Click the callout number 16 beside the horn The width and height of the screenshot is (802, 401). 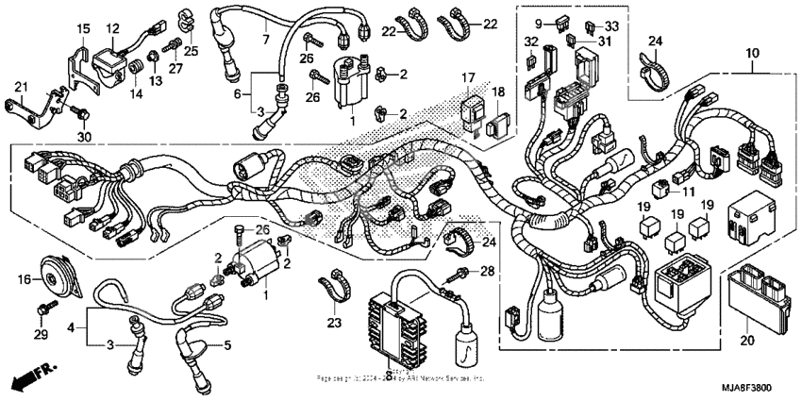(25, 278)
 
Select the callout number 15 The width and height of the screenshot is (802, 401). (82, 27)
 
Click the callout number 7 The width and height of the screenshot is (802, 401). (266, 39)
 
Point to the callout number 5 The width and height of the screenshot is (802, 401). (226, 345)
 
